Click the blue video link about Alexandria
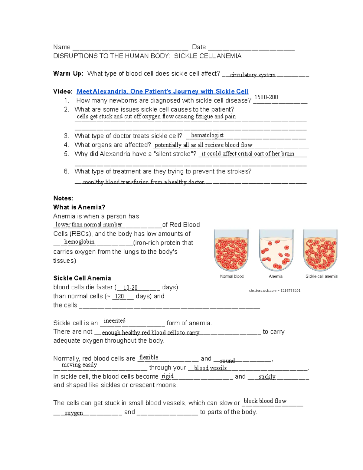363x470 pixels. (162, 91)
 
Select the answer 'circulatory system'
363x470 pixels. (253, 75)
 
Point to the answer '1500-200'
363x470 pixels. (266, 97)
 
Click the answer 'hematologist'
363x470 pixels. (207, 135)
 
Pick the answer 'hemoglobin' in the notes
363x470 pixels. (79, 242)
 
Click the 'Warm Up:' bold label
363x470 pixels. (68, 74)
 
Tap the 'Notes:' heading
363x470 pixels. (63, 198)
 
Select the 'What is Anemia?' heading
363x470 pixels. (79, 207)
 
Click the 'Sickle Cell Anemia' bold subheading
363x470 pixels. (82, 278)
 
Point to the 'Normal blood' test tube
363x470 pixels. (231, 251)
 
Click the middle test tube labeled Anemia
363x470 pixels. (276, 251)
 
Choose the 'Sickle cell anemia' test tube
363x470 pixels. (320, 251)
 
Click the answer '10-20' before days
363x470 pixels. (130, 288)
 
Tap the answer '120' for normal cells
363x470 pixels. (119, 296)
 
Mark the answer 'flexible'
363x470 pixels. (149, 357)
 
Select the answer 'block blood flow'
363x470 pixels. (265, 401)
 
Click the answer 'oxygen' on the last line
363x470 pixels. (74, 413)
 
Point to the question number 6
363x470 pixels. (67, 171)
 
